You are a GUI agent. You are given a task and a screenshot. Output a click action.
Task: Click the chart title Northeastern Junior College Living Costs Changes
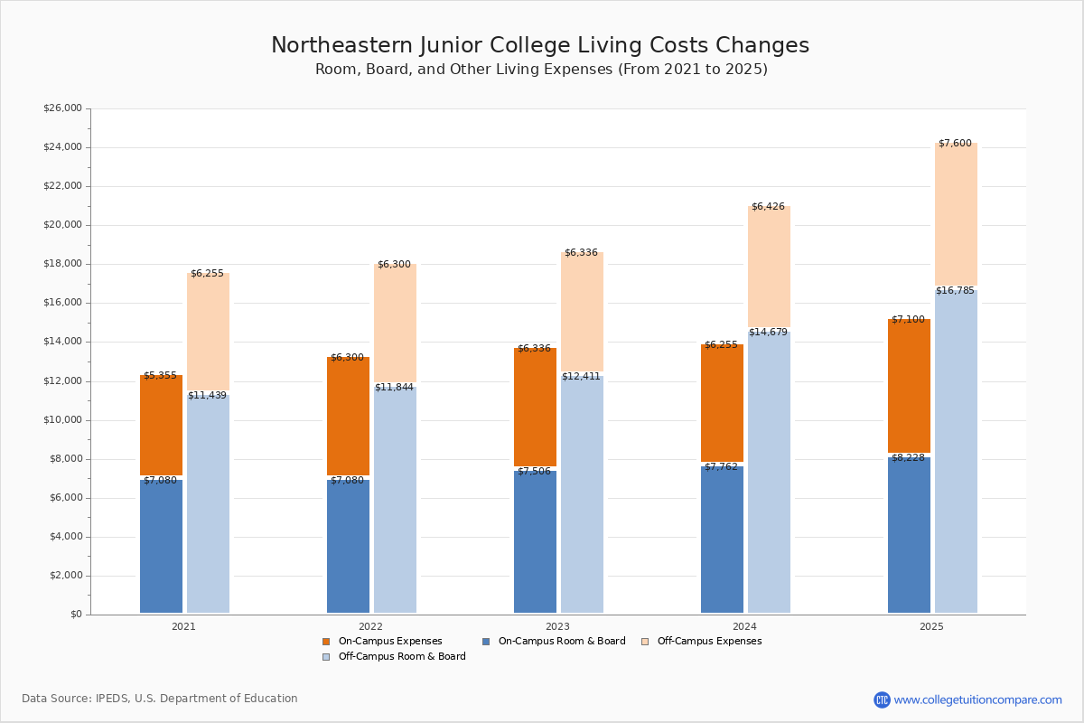click(x=540, y=46)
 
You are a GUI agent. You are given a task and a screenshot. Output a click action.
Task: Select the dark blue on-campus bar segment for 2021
click(x=161, y=547)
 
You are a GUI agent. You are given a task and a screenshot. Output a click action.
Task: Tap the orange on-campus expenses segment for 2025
click(x=909, y=386)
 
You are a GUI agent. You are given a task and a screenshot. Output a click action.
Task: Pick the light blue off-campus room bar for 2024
click(x=769, y=470)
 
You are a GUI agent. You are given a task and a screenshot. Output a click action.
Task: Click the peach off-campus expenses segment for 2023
click(x=582, y=312)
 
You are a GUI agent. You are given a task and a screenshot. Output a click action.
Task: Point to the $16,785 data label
click(x=955, y=291)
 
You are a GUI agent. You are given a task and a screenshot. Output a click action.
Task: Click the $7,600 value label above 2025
click(x=955, y=144)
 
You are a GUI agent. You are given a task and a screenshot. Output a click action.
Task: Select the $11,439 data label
click(x=208, y=396)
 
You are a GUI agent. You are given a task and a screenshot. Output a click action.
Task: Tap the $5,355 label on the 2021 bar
click(x=160, y=376)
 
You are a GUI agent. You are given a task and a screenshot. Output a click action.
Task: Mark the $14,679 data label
click(x=768, y=333)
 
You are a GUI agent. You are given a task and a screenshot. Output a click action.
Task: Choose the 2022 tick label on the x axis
click(x=370, y=626)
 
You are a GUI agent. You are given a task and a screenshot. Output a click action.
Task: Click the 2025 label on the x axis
click(x=931, y=626)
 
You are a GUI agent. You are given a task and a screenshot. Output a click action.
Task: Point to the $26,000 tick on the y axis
click(x=62, y=108)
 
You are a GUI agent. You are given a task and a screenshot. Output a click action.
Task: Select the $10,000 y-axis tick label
click(x=62, y=420)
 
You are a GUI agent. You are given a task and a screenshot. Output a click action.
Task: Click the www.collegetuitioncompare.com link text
click(x=977, y=700)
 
